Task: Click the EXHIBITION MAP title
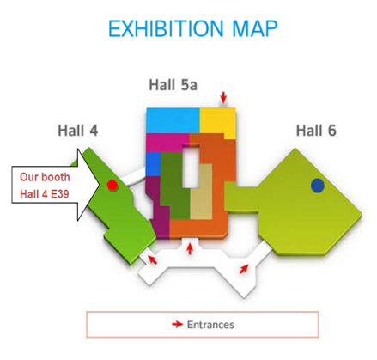[192, 28]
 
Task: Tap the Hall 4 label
[78, 131]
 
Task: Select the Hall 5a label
[173, 85]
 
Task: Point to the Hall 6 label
[316, 131]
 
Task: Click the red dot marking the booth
[112, 186]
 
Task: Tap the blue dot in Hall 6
[318, 186]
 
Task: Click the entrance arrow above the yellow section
[223, 97]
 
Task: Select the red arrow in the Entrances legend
[177, 324]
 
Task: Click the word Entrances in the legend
[210, 325]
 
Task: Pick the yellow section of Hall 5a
[217, 122]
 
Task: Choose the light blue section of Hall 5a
[173, 120]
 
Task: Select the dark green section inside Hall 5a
[174, 186]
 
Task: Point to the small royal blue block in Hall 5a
[153, 164]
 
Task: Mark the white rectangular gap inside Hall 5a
[191, 167]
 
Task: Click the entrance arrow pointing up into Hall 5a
[190, 248]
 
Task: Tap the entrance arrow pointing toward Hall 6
[244, 269]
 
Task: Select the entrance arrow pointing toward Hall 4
[152, 259]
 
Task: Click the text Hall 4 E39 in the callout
[45, 194]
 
